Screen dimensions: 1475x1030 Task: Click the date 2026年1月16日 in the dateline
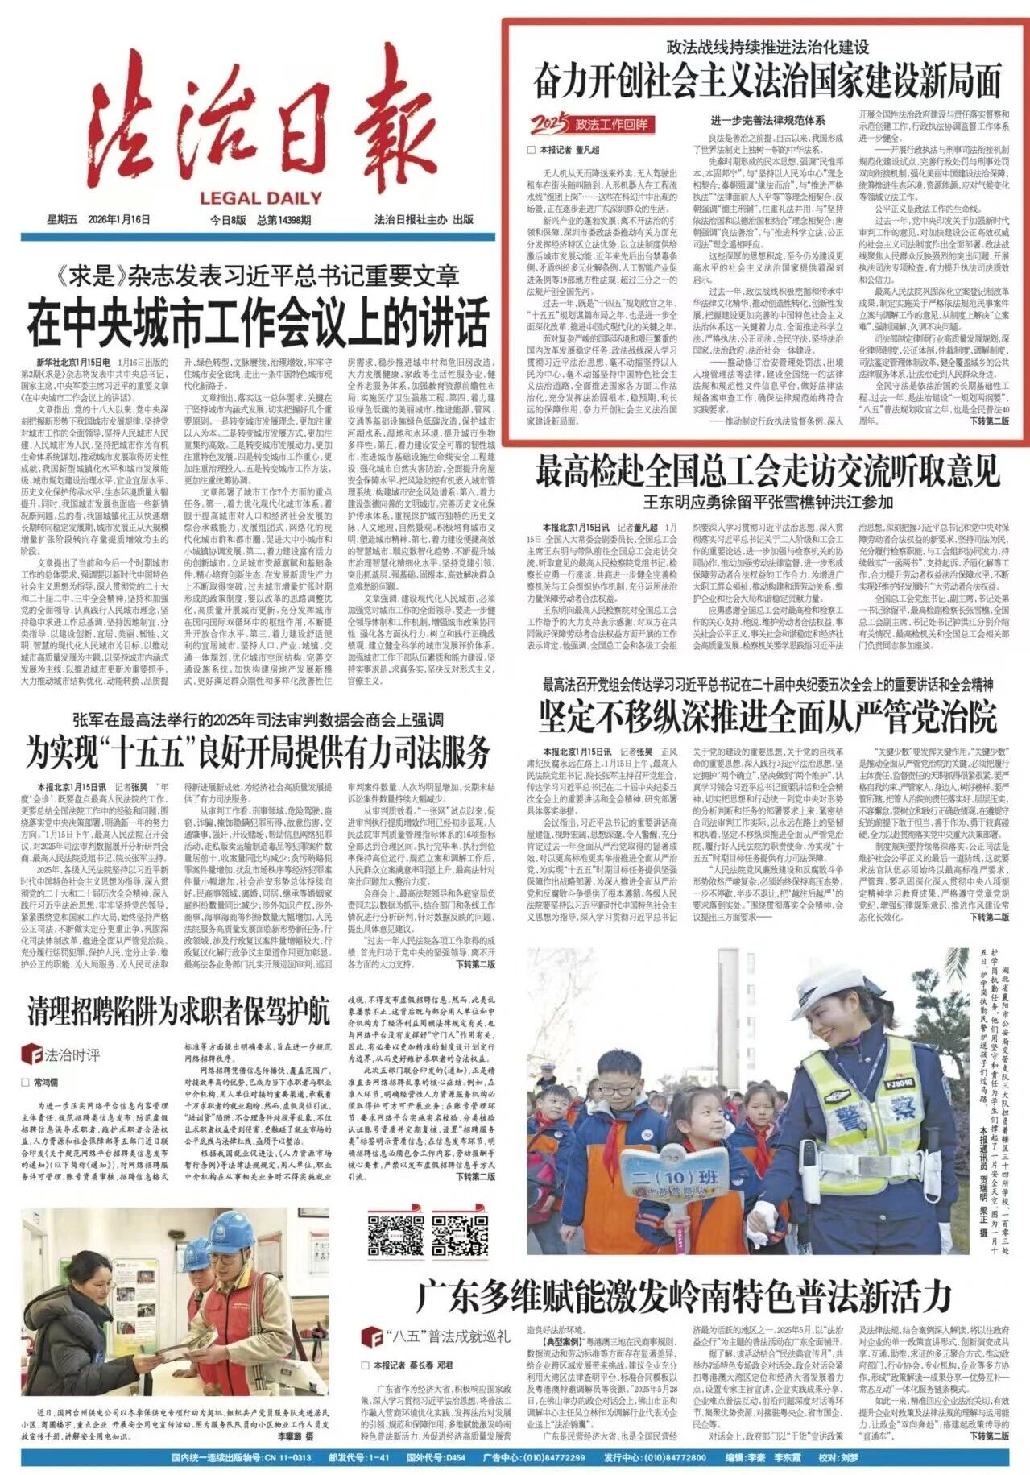[x=120, y=220]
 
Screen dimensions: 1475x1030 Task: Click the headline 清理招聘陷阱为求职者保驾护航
[x=179, y=1011]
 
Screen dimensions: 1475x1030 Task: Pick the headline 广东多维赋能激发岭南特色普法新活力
[x=684, y=1296]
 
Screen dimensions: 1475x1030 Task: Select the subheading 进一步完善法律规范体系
[x=767, y=120]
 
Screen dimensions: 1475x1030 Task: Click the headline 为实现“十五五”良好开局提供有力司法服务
[x=259, y=752]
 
